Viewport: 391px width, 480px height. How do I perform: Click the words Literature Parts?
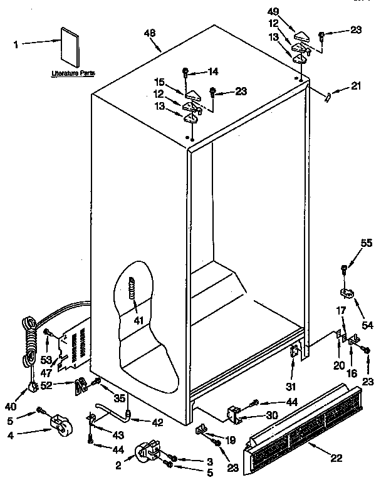click(x=73, y=73)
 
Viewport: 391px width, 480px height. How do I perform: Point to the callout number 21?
click(x=355, y=86)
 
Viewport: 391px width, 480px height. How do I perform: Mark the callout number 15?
click(x=159, y=83)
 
